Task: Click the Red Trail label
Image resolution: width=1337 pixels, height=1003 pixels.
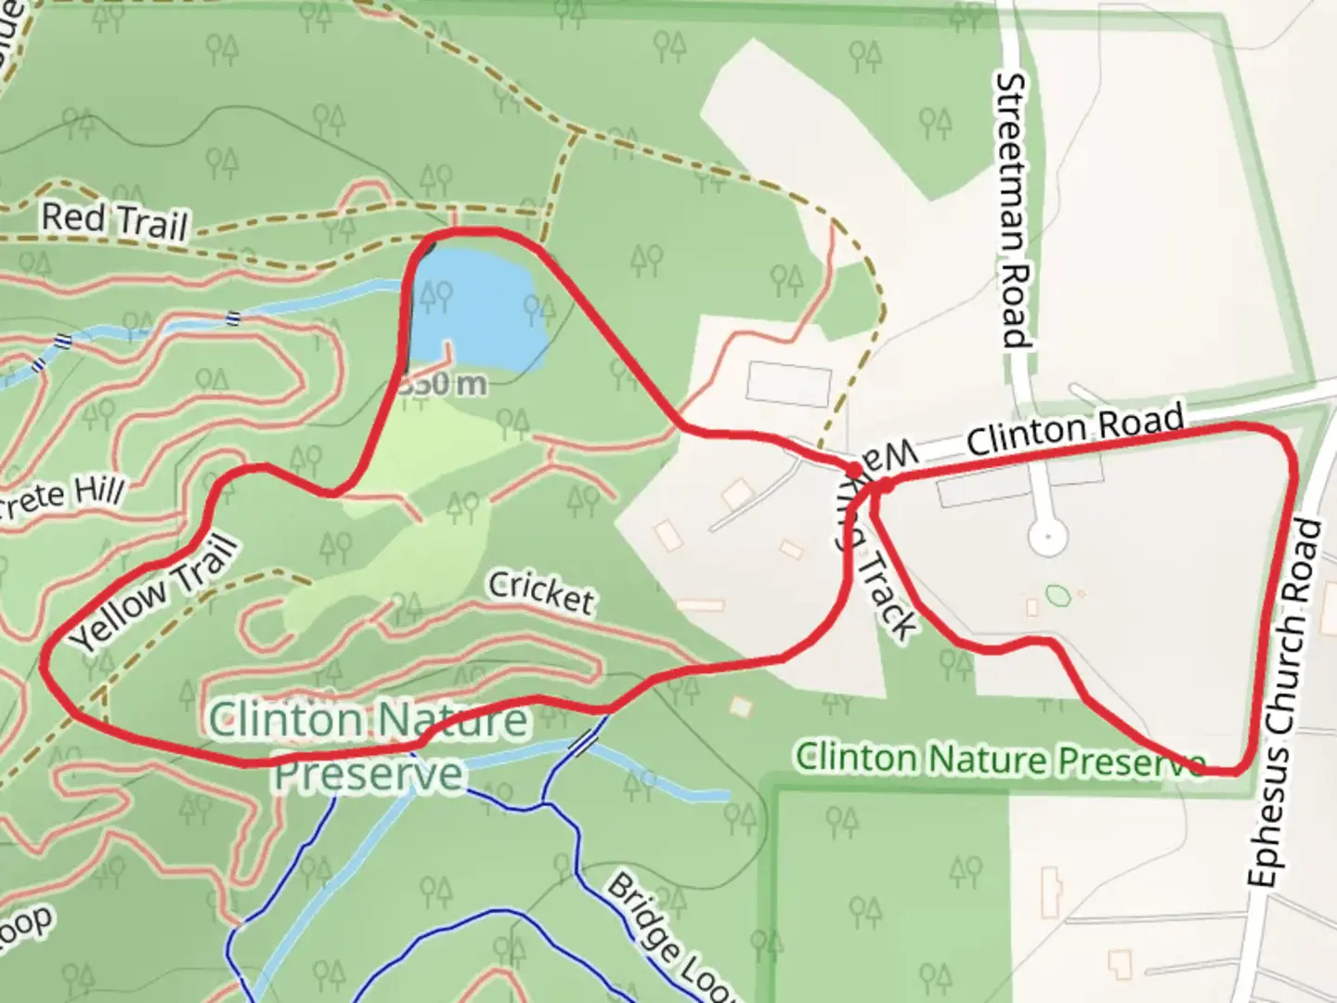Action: coord(114,221)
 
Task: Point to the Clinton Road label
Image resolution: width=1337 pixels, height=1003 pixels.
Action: coord(1075,429)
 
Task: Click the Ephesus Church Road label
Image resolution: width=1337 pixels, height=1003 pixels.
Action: coord(1285,704)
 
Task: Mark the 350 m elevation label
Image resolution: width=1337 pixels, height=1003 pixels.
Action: coord(442,384)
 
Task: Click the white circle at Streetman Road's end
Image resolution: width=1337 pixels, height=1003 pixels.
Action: coord(1048,537)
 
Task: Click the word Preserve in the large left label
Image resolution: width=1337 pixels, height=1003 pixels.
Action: coord(368,773)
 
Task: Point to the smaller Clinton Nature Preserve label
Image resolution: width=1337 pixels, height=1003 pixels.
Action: coord(1000,759)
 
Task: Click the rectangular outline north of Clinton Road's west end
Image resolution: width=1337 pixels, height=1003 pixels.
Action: coord(788,384)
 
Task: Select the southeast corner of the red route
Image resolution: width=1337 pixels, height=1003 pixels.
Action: coord(1239,769)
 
